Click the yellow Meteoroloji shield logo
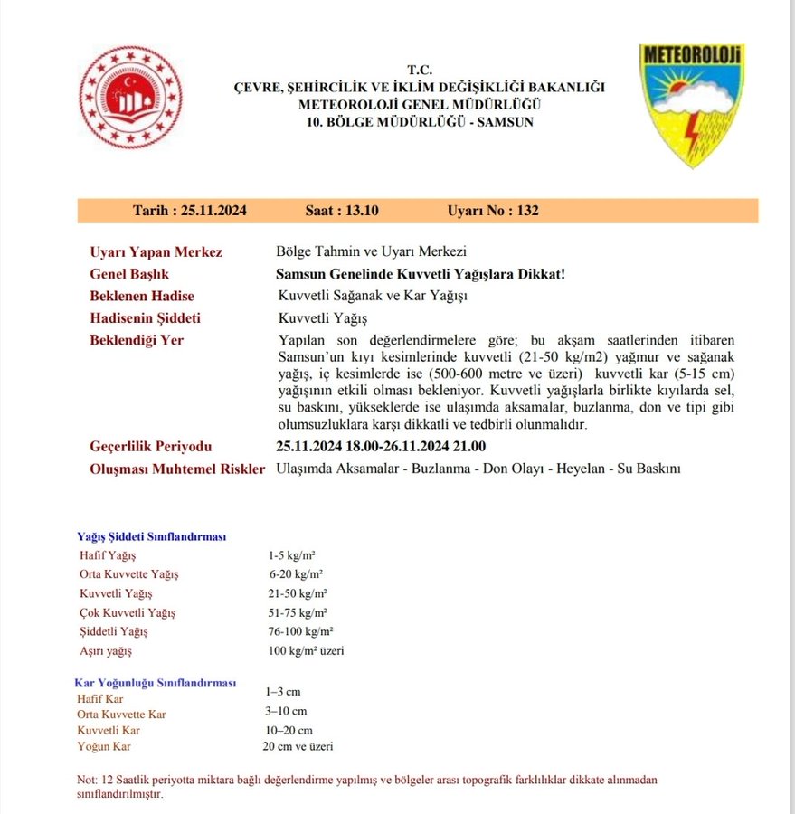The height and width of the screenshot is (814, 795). (692, 102)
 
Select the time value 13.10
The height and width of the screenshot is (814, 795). (361, 211)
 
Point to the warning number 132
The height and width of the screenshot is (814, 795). (527, 211)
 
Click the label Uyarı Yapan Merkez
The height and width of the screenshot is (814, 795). (156, 252)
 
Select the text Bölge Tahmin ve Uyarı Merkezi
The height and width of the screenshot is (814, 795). (371, 252)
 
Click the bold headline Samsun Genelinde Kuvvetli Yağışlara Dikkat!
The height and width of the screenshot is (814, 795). (421, 274)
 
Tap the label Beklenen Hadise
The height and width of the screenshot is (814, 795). (142, 296)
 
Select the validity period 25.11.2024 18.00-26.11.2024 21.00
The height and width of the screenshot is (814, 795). (381, 447)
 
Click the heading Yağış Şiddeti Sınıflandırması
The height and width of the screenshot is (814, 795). (152, 536)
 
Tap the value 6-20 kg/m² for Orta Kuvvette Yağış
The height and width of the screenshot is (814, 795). (296, 574)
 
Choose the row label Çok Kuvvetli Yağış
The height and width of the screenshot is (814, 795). (128, 612)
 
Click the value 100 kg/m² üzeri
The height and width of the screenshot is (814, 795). (306, 650)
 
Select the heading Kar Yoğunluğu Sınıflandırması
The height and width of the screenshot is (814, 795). (155, 682)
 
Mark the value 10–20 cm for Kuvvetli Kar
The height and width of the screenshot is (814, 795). (289, 730)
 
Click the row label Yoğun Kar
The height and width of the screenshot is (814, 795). (105, 746)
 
